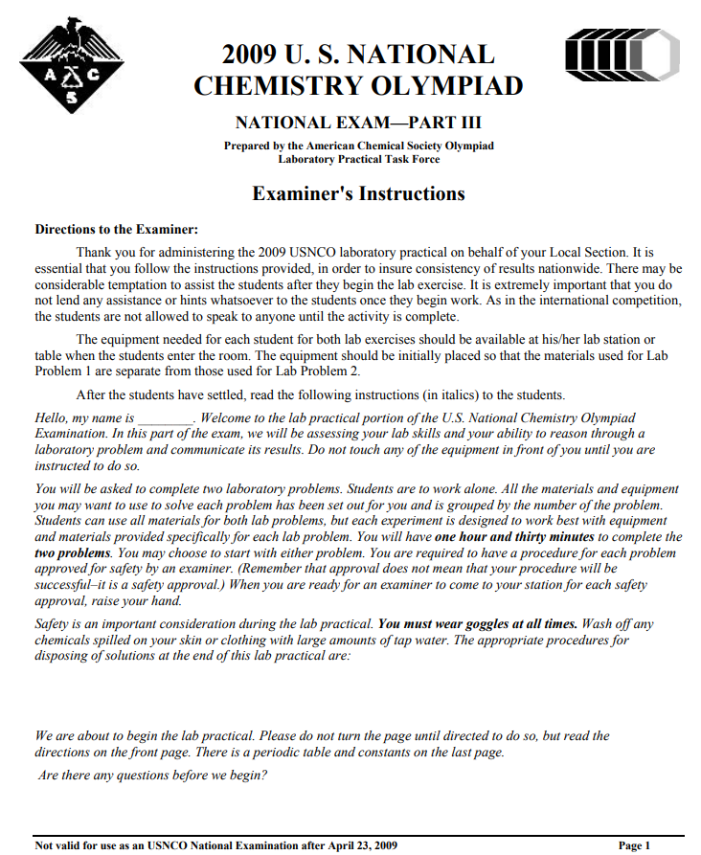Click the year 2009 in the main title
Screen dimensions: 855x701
(x=254, y=54)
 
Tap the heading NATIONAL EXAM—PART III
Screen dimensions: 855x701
(x=358, y=123)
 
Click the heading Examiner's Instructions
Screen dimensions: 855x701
(x=358, y=193)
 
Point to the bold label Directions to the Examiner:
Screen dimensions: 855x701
(x=117, y=230)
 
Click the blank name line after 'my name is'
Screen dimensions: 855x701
(x=166, y=419)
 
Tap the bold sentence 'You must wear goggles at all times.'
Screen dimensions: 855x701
(x=477, y=623)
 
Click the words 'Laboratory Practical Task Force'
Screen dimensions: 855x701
(x=359, y=159)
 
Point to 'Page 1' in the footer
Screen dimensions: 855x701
(x=635, y=845)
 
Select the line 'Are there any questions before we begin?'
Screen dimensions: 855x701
(x=153, y=775)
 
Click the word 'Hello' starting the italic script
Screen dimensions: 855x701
(x=53, y=418)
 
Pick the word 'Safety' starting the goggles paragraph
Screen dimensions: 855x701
(x=54, y=623)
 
